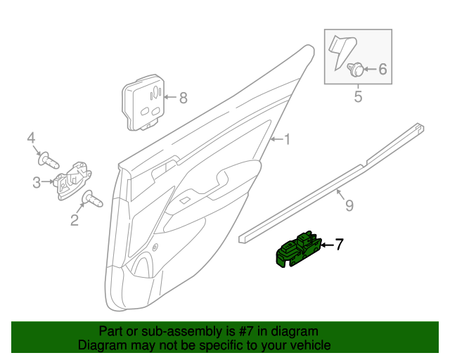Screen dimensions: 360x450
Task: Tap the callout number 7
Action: point(339,245)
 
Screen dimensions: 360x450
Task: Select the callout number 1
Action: point(287,139)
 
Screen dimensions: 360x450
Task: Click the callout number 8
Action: point(184,98)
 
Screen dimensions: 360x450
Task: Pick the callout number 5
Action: point(358,96)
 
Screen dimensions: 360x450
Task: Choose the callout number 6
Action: point(383,69)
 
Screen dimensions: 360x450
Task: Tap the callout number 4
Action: point(31,137)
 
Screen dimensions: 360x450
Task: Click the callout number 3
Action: point(37,183)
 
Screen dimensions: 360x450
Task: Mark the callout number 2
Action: point(74,221)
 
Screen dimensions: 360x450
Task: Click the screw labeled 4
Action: point(49,160)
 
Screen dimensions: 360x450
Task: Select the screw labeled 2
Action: point(91,200)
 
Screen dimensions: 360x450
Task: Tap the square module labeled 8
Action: point(144,105)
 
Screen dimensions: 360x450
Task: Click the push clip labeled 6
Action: point(356,69)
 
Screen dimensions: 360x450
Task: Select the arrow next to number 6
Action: point(371,69)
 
